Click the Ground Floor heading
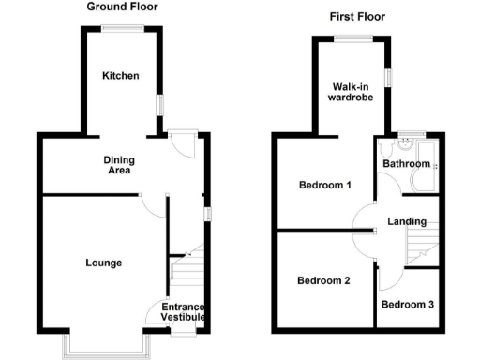(122, 7)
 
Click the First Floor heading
(357, 17)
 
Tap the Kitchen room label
(121, 75)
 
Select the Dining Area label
(117, 165)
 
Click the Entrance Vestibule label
(183, 312)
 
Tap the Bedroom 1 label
(324, 185)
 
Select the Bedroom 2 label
(323, 280)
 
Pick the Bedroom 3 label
(407, 305)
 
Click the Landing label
(407, 222)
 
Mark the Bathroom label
(406, 164)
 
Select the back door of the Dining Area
(184, 145)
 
